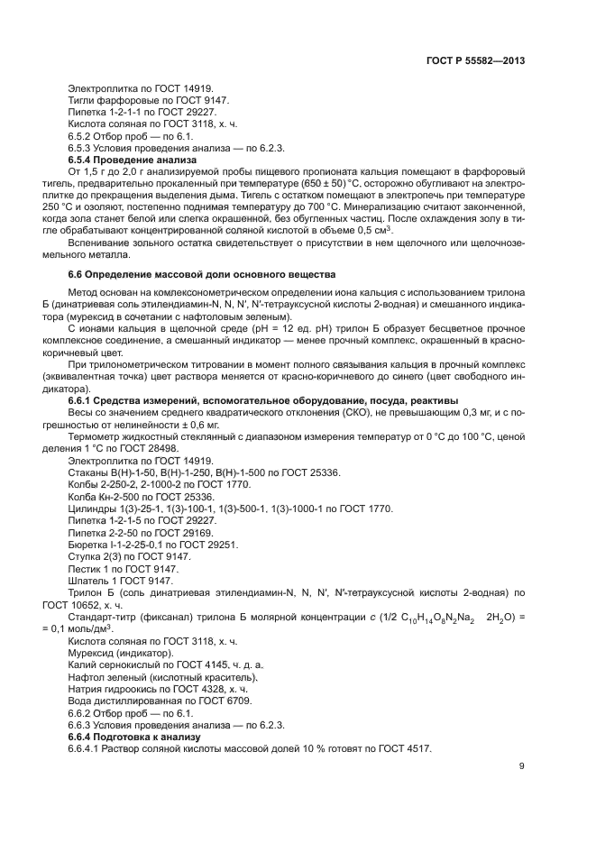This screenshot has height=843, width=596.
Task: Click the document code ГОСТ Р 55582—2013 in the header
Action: [475, 60]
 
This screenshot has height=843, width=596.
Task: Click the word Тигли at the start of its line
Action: [82, 100]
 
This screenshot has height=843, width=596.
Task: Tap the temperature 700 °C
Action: [280, 205]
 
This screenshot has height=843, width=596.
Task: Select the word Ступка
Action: [85, 557]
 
